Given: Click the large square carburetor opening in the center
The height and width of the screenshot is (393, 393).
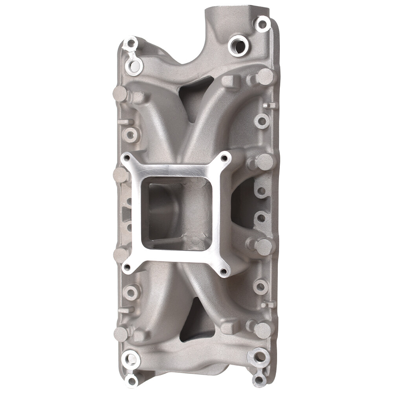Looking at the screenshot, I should pyautogui.click(x=176, y=212).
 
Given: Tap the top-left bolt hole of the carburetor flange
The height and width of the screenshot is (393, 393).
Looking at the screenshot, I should pyautogui.click(x=127, y=159).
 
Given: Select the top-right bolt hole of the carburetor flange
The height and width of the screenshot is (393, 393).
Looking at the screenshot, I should pyautogui.click(x=224, y=158).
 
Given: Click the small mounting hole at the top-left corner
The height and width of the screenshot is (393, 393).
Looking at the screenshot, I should pyautogui.click(x=130, y=44).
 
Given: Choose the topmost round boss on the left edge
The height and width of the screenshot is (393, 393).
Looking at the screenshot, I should pyautogui.click(x=120, y=94).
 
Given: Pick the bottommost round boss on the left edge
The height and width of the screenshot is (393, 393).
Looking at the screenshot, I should pyautogui.click(x=121, y=334).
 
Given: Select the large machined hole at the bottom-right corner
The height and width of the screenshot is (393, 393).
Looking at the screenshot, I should pyautogui.click(x=260, y=357).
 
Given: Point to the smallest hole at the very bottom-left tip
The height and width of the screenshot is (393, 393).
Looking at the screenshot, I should pyautogui.click(x=132, y=380).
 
